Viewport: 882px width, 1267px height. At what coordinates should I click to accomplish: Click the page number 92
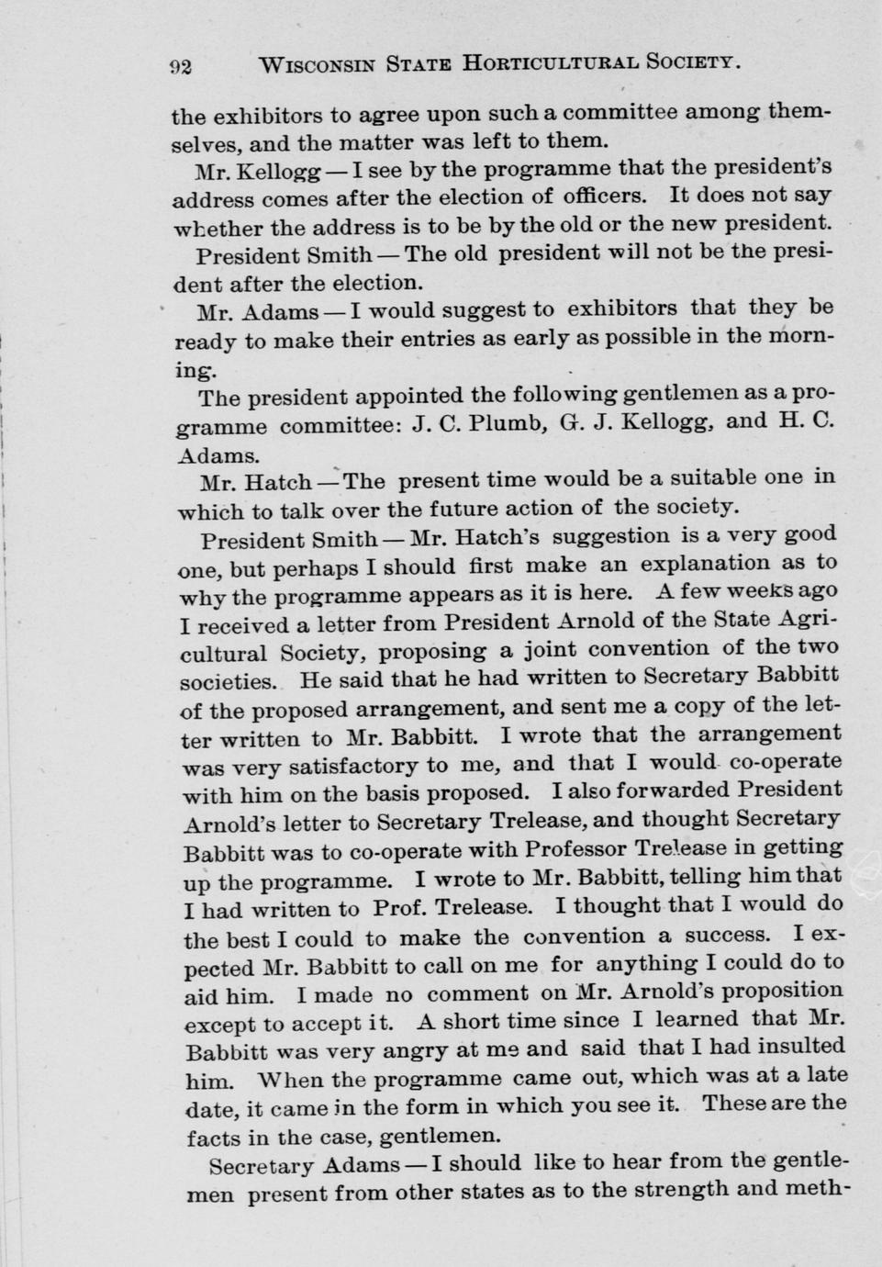click(x=179, y=66)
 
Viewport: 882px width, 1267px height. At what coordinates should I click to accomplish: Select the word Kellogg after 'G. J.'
click(x=668, y=423)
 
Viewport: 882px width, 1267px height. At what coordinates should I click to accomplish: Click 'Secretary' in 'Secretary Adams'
click(x=262, y=1166)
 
